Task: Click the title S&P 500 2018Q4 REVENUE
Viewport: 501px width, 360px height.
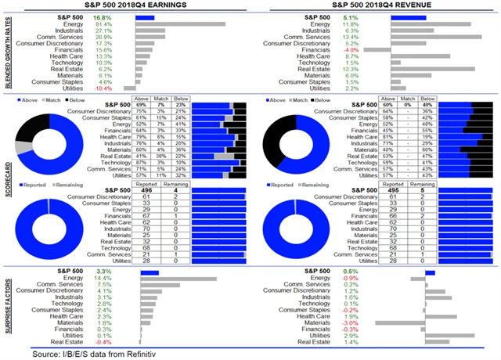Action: (x=376, y=5)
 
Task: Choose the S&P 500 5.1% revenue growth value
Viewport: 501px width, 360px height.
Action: (x=351, y=16)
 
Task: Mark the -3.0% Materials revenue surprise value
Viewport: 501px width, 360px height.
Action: (x=351, y=322)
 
